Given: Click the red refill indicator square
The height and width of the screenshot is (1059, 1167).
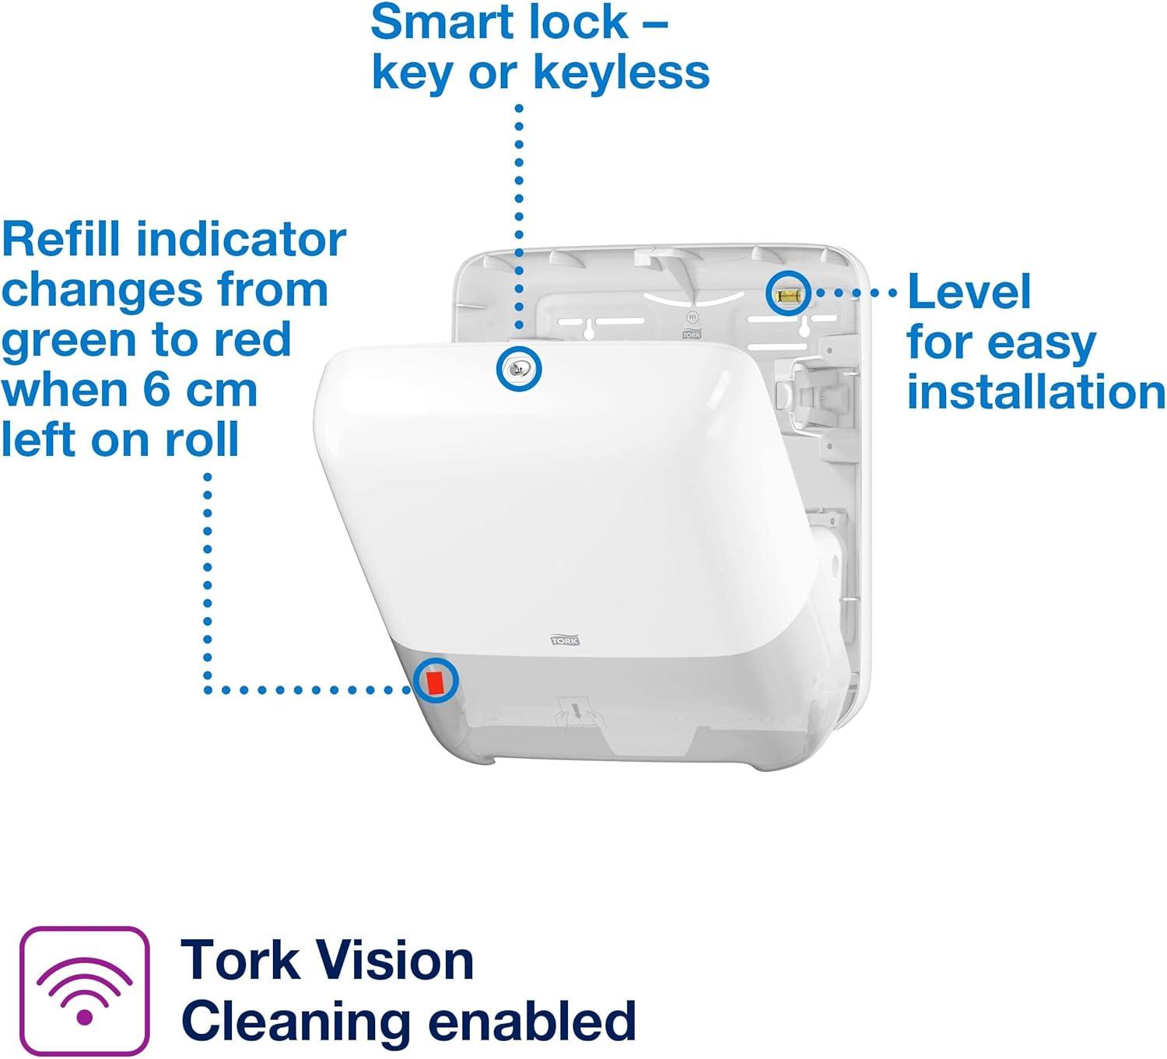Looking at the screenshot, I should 435,682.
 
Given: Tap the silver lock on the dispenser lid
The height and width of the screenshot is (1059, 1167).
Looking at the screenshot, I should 518,369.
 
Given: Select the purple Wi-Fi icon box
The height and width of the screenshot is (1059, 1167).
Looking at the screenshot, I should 84,990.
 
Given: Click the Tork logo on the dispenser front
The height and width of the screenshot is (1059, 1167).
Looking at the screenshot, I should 565,640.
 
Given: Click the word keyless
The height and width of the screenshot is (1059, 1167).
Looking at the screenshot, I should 622,73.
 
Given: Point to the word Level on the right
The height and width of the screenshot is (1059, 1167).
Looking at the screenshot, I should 969,292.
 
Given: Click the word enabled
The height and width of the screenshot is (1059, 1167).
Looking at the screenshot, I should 532,1021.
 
